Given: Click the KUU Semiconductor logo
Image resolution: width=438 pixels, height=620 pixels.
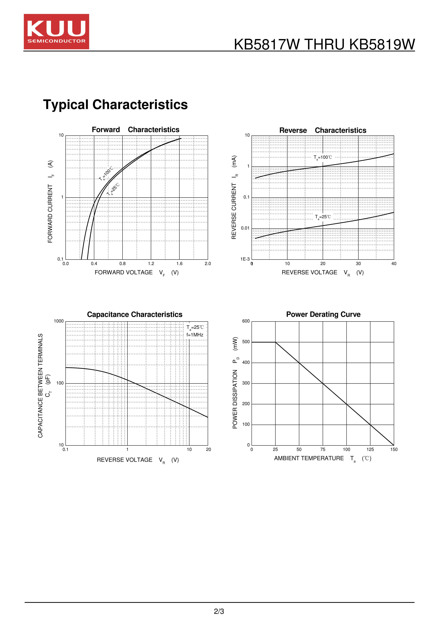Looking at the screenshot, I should (56, 32).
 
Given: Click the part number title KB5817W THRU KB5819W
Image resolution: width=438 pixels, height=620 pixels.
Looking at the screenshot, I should (324, 45).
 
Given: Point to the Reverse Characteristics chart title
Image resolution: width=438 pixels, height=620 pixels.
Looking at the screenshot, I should (323, 130).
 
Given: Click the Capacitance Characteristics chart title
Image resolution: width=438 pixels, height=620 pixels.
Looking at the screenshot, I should (135, 315).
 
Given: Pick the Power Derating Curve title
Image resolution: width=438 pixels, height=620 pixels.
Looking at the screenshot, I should (323, 314).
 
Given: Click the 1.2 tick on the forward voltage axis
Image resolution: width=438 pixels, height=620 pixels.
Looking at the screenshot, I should (151, 264).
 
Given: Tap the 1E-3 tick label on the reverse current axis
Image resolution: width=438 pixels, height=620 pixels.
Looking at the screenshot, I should (245, 259).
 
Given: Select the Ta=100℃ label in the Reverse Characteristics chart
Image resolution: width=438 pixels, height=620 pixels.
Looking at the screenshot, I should (323, 157).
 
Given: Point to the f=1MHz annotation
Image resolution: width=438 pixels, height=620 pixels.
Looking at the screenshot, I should (195, 335).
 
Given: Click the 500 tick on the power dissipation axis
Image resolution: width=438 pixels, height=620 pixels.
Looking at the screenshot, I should (246, 342).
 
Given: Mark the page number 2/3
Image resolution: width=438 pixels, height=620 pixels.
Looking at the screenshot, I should (219, 611).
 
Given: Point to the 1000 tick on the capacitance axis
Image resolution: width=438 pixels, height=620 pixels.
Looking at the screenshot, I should (59, 321).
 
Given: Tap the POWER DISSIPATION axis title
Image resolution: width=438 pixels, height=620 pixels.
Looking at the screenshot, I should (235, 383).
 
